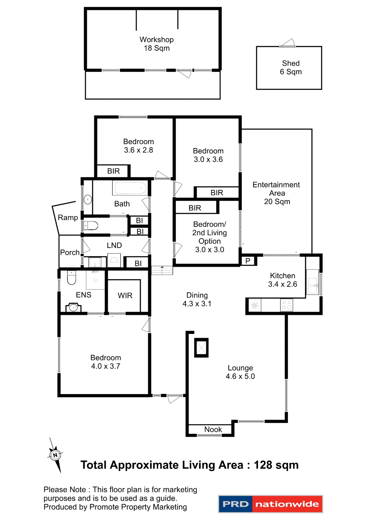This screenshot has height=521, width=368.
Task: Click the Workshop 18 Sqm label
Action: [x=156, y=44]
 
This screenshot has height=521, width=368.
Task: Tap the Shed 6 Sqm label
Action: [x=291, y=67]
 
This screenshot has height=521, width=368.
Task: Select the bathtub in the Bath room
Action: [x=130, y=188]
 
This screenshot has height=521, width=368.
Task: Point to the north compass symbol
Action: [x=55, y=455]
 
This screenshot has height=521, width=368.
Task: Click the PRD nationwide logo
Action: [x=270, y=504]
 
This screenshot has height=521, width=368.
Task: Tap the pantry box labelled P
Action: [x=248, y=261]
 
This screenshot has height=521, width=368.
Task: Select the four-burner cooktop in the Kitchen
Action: [x=286, y=305]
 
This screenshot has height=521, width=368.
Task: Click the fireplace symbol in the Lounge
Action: [x=201, y=348]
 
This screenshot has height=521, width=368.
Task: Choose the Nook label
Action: [x=213, y=429]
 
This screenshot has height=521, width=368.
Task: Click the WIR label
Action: [x=125, y=296]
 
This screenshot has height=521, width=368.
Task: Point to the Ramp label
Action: [x=68, y=217]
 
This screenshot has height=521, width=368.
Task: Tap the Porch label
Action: [x=70, y=252]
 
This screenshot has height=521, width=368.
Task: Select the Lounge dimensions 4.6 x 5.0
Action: [x=240, y=376]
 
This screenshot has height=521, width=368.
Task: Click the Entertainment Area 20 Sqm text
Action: [x=276, y=193]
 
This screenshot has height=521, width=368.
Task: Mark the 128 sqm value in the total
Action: [x=276, y=465]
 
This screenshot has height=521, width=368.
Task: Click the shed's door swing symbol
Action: [x=288, y=43]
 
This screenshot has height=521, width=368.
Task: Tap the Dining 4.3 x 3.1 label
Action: [x=197, y=299]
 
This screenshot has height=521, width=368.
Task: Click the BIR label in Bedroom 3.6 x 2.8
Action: [x=113, y=171]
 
